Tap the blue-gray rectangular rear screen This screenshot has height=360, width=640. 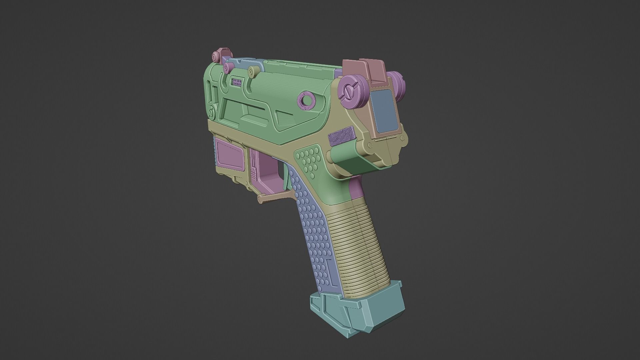point(384,110)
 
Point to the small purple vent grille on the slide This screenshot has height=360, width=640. point(237,82)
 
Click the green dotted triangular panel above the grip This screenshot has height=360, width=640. point(308,160)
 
